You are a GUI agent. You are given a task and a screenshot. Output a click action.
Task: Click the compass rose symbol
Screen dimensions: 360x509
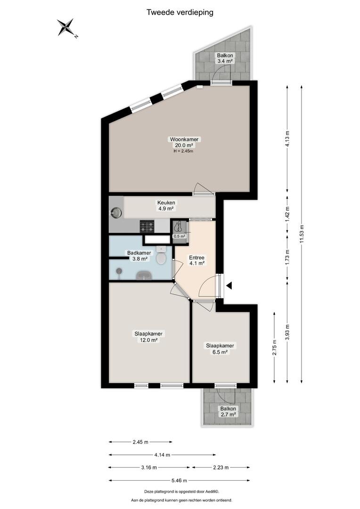(x=66, y=27)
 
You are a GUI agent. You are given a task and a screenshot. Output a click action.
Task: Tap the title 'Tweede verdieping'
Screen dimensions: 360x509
(x=180, y=13)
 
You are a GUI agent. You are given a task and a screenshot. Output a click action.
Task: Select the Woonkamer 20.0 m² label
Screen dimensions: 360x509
(x=184, y=142)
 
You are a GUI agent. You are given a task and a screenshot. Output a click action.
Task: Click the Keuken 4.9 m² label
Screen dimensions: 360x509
(x=166, y=206)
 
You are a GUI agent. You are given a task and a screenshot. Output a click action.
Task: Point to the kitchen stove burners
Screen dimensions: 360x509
(x=147, y=227)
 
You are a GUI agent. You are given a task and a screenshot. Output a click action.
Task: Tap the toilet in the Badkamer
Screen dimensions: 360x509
(x=161, y=255)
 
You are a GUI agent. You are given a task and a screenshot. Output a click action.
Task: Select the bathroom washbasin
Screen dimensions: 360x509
(x=144, y=276)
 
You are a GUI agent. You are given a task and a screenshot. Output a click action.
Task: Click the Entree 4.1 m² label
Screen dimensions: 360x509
(x=196, y=261)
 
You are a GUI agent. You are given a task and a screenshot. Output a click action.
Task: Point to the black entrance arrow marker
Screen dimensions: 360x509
(x=229, y=286)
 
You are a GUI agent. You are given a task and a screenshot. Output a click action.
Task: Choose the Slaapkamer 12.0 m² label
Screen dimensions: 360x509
(x=148, y=337)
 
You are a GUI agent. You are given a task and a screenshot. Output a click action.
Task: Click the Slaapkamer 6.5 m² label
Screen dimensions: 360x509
(x=220, y=349)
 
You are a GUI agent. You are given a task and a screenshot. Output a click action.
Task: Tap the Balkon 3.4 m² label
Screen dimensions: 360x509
(x=225, y=58)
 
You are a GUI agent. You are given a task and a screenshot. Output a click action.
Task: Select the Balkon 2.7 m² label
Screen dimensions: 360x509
(x=228, y=411)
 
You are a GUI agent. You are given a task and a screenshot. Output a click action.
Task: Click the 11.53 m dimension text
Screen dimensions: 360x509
(x=302, y=234)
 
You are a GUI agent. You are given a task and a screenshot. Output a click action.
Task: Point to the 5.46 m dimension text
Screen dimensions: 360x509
(x=179, y=480)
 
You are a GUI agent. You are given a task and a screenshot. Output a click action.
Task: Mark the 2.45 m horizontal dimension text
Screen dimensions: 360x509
(x=140, y=442)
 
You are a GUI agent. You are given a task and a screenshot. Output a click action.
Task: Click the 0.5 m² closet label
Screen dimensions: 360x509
(x=179, y=236)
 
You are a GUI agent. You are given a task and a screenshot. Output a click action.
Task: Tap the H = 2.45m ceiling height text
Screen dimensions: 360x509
(x=183, y=151)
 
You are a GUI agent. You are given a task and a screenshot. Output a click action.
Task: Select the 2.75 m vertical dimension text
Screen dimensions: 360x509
(x=275, y=348)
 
